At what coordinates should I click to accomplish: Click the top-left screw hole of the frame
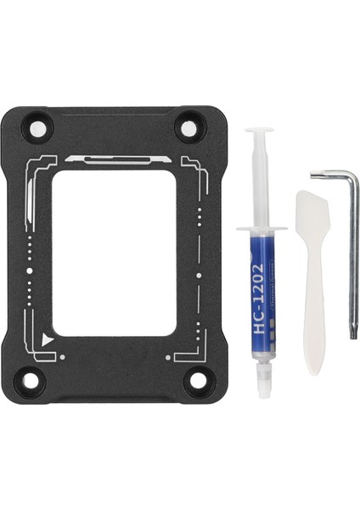tap(37, 130)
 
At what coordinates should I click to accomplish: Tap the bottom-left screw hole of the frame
tap(31, 380)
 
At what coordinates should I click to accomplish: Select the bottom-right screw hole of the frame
tap(196, 379)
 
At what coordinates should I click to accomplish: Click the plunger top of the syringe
tap(258, 133)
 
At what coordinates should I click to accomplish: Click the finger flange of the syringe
tap(259, 231)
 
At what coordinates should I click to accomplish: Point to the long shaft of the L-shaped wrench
tap(353, 255)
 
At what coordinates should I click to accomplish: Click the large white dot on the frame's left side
tap(30, 271)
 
